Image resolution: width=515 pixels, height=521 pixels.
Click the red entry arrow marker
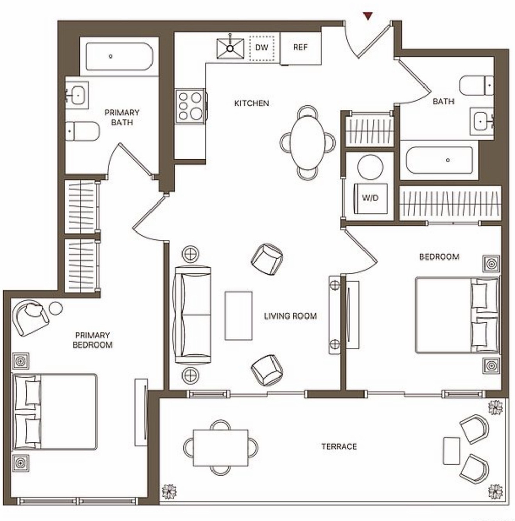(x=368, y=16)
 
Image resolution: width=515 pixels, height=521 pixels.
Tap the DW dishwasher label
(x=262, y=47)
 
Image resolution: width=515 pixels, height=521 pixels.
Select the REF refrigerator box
(x=300, y=48)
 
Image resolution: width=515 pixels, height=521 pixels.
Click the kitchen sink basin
(x=230, y=49)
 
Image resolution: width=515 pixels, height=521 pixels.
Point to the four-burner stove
(x=190, y=106)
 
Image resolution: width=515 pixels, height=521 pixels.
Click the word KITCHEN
(x=252, y=103)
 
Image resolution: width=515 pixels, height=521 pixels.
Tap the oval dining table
(x=308, y=143)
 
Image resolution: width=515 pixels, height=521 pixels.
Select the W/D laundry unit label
(x=370, y=198)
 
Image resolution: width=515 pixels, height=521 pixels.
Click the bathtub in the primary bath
(x=119, y=56)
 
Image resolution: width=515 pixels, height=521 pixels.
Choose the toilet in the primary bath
(x=82, y=131)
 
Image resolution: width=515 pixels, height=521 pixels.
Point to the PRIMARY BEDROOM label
(x=93, y=340)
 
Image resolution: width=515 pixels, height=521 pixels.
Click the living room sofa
(x=192, y=314)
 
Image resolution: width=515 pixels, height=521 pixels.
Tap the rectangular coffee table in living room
(x=238, y=315)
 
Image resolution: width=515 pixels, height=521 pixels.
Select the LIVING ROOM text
(x=290, y=316)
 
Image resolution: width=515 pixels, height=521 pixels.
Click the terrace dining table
(x=221, y=448)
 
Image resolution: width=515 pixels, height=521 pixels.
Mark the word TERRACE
(x=339, y=446)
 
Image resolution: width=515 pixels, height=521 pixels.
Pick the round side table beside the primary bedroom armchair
(x=55, y=308)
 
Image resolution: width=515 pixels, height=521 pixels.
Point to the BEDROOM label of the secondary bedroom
(x=439, y=257)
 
